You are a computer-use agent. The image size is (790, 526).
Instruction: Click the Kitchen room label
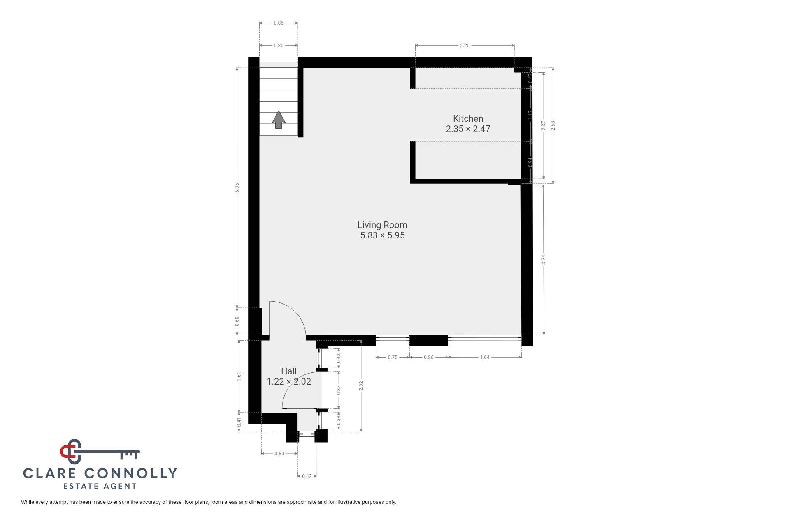click(x=468, y=119)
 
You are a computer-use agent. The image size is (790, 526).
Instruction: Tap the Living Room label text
click(x=382, y=225)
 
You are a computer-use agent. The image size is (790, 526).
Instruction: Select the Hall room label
click(x=289, y=371)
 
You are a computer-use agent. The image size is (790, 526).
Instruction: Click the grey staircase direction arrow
click(x=279, y=120)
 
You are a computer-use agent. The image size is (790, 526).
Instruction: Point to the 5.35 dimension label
click(x=237, y=187)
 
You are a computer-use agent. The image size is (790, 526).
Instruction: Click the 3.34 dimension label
click(x=544, y=260)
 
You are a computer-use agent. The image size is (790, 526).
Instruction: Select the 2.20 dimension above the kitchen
click(x=465, y=46)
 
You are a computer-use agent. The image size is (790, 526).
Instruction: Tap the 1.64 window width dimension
click(x=485, y=358)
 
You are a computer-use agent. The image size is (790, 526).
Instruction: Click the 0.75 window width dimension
click(x=393, y=358)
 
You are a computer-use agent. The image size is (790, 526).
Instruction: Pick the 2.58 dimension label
click(x=553, y=126)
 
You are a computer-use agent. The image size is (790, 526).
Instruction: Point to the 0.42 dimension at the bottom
click(x=307, y=476)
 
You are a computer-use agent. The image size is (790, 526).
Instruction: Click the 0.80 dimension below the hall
click(x=279, y=454)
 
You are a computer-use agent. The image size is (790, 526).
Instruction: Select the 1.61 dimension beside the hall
click(x=239, y=377)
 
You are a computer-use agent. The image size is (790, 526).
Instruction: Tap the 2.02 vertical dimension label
click(x=361, y=386)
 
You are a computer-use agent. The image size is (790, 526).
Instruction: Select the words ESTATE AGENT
click(x=100, y=487)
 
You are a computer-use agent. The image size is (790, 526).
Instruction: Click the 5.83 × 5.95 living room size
click(x=383, y=235)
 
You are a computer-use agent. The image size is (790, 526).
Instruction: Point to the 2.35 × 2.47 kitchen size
click(x=468, y=129)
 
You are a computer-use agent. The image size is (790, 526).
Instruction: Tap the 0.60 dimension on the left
click(x=237, y=321)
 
